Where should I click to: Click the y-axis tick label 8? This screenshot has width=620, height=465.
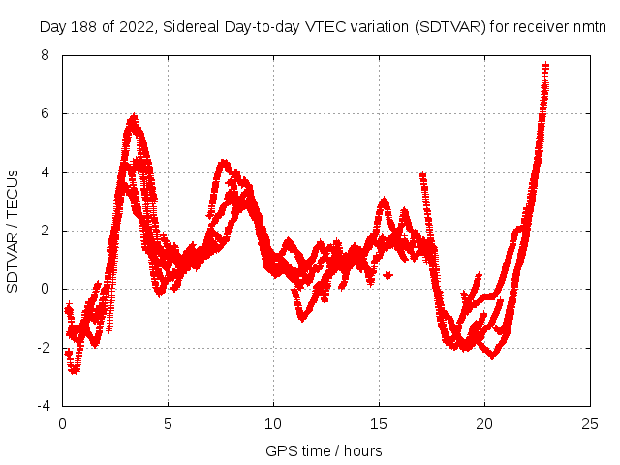click(x=45, y=55)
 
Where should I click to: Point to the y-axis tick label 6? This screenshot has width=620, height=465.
click(x=45, y=113)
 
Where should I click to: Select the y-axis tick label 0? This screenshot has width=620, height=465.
click(x=45, y=289)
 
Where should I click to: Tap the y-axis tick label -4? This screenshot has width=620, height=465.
click(x=42, y=406)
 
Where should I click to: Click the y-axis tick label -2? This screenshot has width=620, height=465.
click(x=42, y=348)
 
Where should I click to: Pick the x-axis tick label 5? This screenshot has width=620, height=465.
click(x=168, y=423)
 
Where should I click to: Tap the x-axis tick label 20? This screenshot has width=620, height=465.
click(x=484, y=423)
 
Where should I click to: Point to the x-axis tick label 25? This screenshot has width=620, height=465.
click(x=590, y=423)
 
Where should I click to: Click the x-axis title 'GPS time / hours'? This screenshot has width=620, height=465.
click(x=324, y=450)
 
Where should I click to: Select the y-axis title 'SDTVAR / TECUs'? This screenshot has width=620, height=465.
click(x=14, y=231)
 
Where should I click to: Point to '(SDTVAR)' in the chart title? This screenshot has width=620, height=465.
click(x=441, y=27)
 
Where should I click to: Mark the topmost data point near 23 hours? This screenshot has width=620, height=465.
click(x=545, y=66)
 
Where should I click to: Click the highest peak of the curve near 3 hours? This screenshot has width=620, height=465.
click(x=133, y=117)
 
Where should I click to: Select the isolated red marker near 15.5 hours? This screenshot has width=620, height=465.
click(x=387, y=275)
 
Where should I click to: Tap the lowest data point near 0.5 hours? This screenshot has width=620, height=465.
click(x=74, y=370)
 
